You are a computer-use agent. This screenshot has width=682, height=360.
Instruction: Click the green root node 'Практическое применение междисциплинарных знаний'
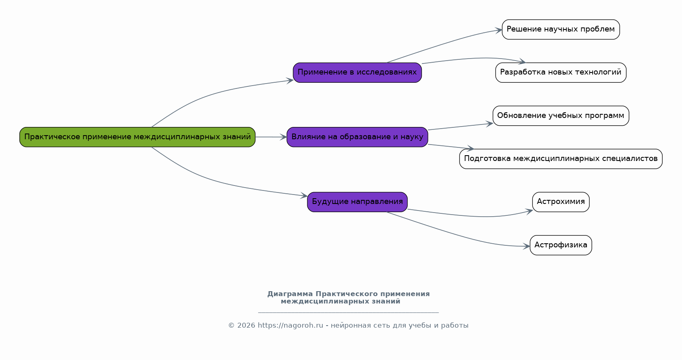click(137, 137)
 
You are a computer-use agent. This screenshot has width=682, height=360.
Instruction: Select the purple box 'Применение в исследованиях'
click(357, 72)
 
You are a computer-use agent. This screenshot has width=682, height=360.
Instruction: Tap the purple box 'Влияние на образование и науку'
click(357, 137)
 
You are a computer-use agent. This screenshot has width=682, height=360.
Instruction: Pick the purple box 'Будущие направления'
click(357, 202)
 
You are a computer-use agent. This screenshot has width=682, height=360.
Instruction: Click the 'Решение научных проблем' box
click(560, 29)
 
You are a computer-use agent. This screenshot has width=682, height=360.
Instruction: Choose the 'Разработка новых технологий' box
click(560, 72)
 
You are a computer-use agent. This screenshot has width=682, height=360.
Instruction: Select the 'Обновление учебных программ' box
click(560, 115)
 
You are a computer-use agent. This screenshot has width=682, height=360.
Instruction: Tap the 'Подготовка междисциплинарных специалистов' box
click(560, 158)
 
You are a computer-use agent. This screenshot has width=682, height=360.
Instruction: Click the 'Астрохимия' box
click(560, 202)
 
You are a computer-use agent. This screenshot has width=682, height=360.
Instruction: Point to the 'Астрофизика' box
click(560, 245)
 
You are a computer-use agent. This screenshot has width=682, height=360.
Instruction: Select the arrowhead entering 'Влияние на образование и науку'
click(284, 137)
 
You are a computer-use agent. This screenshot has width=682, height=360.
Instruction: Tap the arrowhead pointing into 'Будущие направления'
click(304, 196)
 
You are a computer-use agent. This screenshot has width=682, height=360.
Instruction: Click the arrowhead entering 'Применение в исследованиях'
click(290, 80)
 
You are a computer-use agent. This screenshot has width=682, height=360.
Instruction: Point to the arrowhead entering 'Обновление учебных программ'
click(489, 123)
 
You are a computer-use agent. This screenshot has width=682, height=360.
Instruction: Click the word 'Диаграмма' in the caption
click(290, 294)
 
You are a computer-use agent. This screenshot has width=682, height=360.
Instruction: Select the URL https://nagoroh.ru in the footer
click(290, 326)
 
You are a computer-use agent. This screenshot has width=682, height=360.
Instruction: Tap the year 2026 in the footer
click(246, 326)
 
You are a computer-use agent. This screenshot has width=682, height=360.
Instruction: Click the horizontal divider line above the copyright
click(348, 312)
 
